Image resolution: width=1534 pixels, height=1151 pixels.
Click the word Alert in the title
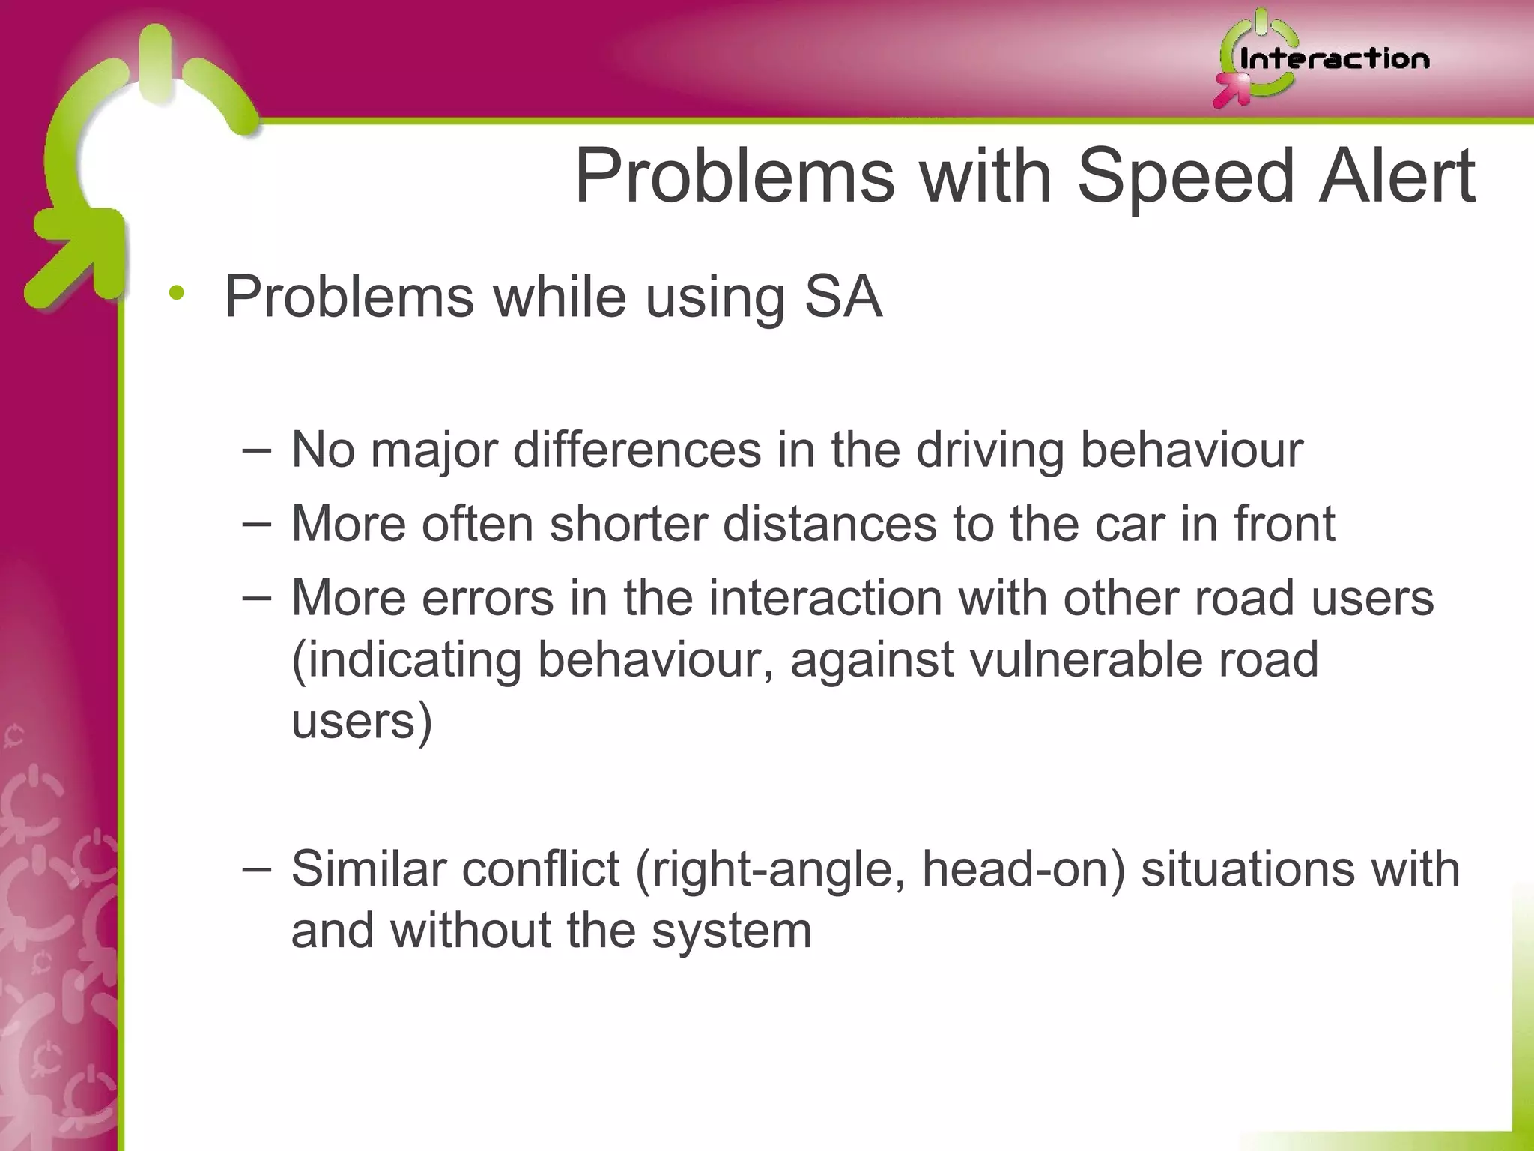1396,177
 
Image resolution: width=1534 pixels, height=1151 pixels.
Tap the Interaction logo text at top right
1334,59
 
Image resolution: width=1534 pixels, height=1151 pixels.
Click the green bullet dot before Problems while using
176,294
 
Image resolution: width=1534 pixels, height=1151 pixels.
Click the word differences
637,450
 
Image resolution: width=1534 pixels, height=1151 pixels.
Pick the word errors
487,599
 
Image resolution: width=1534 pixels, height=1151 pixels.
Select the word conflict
540,869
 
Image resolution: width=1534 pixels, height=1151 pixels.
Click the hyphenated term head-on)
1023,869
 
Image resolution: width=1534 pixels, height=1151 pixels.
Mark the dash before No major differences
257,450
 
